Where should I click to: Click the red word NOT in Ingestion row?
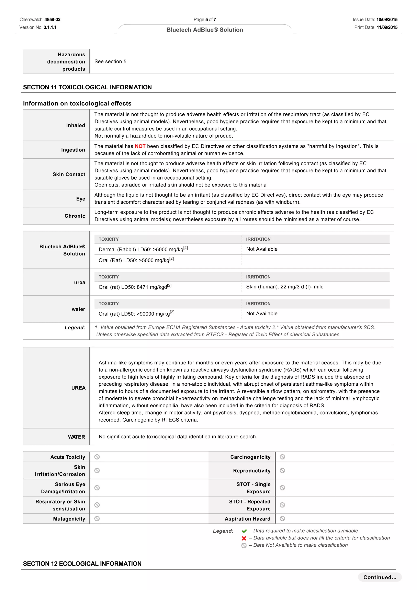click(x=140, y=146)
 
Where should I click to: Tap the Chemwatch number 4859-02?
click(x=52, y=20)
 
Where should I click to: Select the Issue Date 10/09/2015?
click(x=387, y=20)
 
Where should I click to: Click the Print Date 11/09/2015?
click(x=387, y=27)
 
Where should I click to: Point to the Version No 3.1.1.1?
click(x=50, y=27)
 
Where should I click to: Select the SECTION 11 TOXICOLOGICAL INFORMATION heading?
click(x=87, y=87)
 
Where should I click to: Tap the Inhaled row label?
click(x=76, y=125)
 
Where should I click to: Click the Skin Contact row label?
click(x=69, y=174)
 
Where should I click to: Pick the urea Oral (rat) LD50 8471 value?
click(x=135, y=287)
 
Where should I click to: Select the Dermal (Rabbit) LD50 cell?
click(x=143, y=249)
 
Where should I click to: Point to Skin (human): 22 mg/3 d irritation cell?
click(x=285, y=287)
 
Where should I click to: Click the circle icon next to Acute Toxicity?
click(x=97, y=457)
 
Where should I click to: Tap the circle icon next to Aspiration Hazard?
click(x=282, y=519)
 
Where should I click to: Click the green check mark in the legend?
click(x=244, y=531)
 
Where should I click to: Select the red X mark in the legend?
click(x=244, y=538)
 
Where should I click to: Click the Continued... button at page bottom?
click(x=380, y=577)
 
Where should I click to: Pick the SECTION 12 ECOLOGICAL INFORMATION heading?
click(x=82, y=564)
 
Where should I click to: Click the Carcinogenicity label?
click(x=250, y=457)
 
